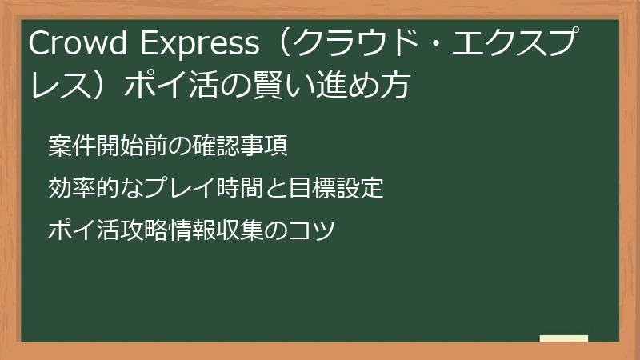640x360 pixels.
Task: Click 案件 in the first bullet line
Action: (68, 146)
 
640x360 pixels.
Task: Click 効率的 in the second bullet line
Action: (79, 189)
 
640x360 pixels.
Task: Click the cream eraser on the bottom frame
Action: (563, 339)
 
